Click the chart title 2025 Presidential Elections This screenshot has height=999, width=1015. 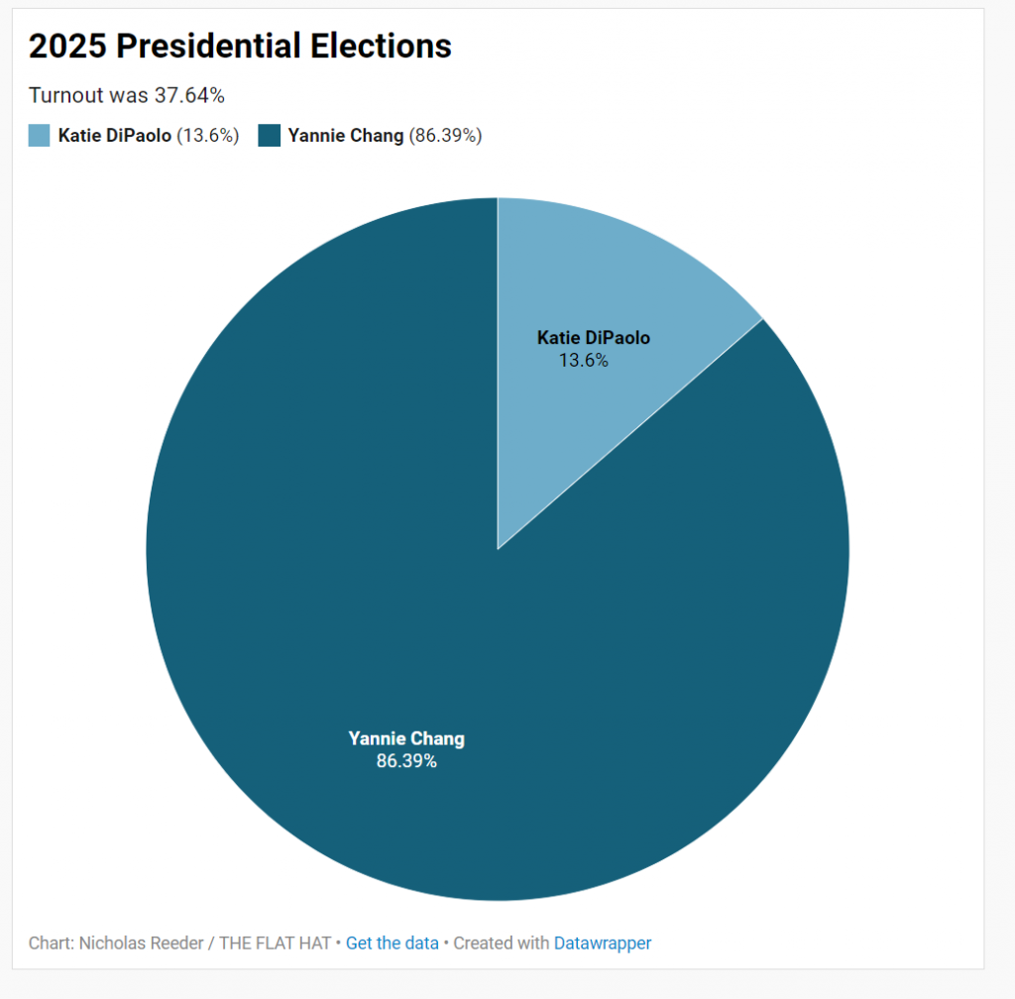coord(240,46)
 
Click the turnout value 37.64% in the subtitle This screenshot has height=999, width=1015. coord(189,95)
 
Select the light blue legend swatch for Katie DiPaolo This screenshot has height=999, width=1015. coord(39,136)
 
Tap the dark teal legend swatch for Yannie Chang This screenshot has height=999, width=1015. coord(269,136)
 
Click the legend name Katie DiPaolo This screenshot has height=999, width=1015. coord(114,136)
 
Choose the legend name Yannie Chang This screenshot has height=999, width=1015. coord(345,136)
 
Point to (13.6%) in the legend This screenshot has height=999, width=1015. coord(208,136)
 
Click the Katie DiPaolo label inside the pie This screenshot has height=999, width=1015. coord(593,338)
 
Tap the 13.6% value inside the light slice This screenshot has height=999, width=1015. coord(583,361)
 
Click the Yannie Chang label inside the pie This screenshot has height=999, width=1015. coord(406,738)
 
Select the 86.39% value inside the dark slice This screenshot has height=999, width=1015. coord(406,762)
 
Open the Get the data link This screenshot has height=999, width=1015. coord(392,943)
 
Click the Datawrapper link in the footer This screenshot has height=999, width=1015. coord(603,943)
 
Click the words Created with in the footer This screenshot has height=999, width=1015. coord(501,943)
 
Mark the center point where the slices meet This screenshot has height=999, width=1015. coord(498,549)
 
